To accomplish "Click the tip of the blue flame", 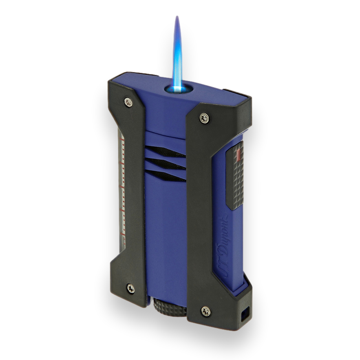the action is (x=177, y=16).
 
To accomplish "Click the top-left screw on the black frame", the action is (x=128, y=102).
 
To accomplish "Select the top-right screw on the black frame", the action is (x=204, y=118).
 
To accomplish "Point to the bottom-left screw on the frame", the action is (x=131, y=288).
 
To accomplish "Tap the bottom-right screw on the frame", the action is (x=206, y=311).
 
